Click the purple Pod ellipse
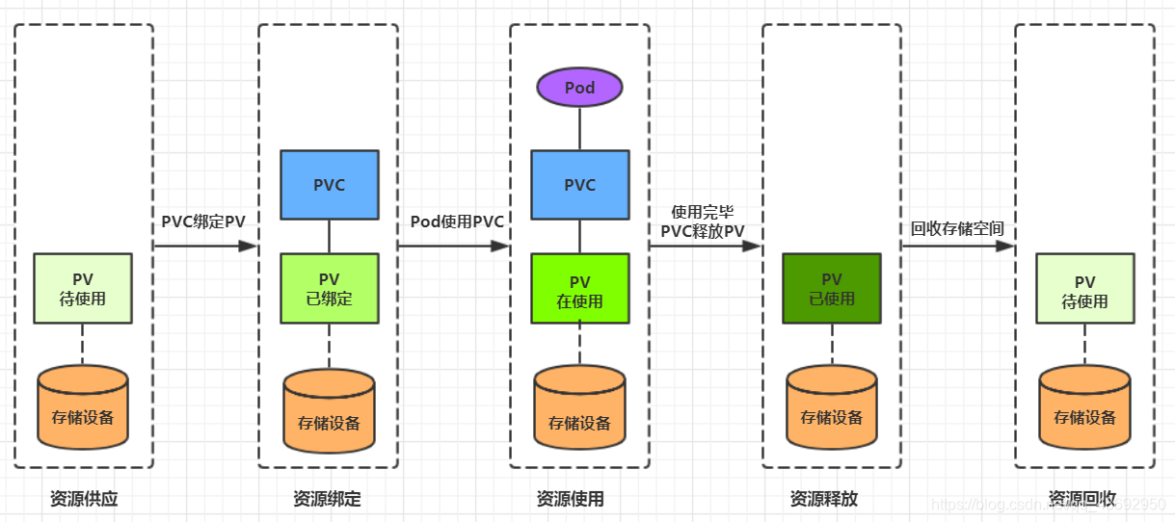tap(579, 88)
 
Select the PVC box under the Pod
tap(579, 185)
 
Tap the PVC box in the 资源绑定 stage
tap(329, 185)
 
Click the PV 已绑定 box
tap(329, 288)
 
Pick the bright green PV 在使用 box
tap(579, 288)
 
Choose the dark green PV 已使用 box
tap(831, 288)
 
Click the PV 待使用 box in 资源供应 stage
tap(83, 288)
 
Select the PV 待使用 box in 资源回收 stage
tap(1084, 288)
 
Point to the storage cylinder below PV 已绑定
tap(329, 412)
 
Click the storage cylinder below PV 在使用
tap(579, 412)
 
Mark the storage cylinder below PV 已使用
tap(831, 408)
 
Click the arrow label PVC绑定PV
tap(203, 221)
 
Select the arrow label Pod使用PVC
tap(457, 221)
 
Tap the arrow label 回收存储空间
tap(957, 228)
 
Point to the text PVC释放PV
tap(702, 230)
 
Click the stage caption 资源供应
tap(83, 499)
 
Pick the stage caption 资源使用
tap(570, 499)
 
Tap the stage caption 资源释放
tap(823, 499)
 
